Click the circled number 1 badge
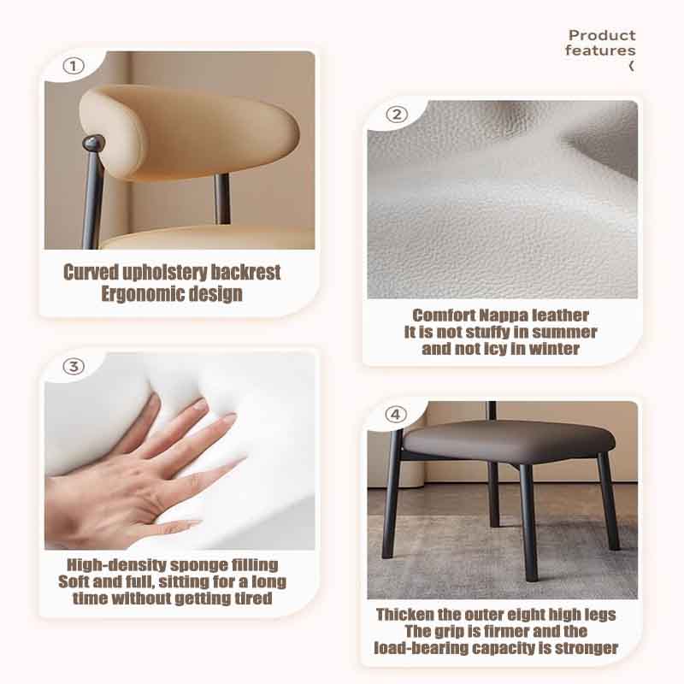75,66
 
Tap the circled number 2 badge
397,115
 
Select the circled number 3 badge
75,367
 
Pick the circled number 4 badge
395,415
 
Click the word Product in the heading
602,35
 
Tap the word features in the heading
600,50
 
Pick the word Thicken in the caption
406,615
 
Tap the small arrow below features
631,66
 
